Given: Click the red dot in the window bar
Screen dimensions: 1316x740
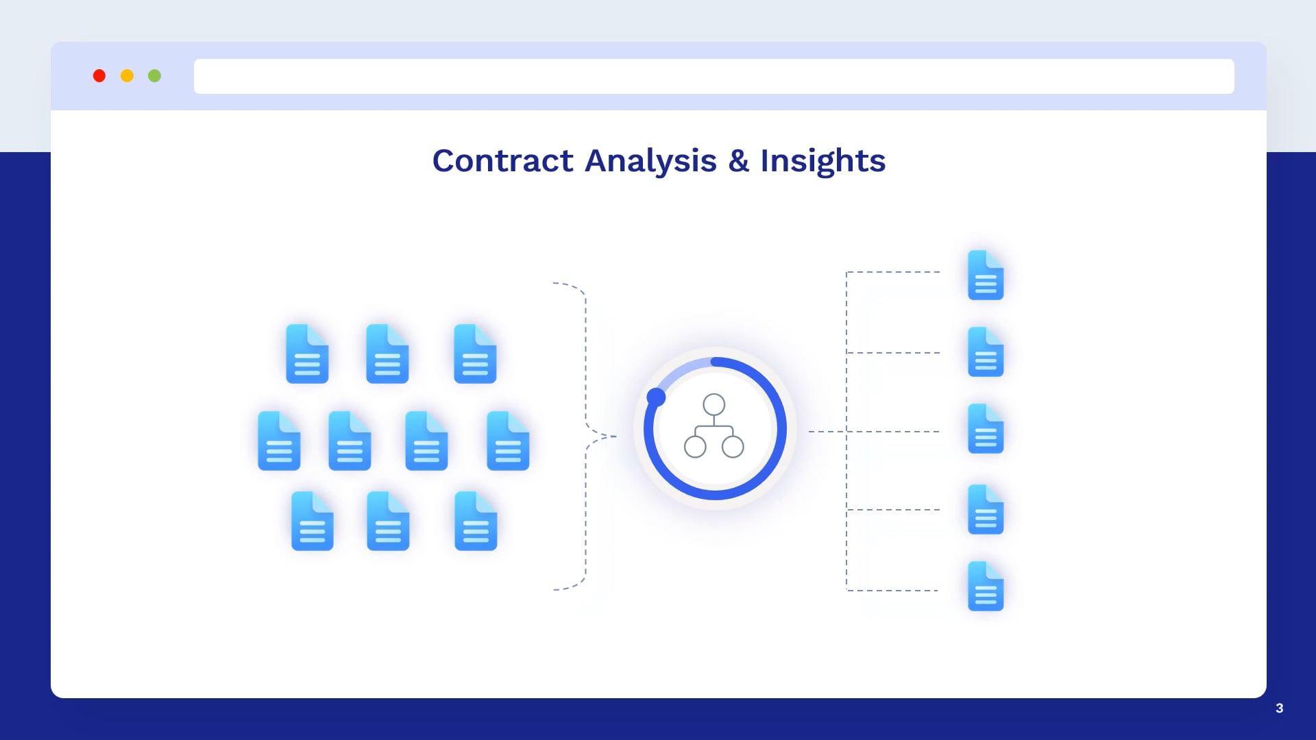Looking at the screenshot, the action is click(99, 76).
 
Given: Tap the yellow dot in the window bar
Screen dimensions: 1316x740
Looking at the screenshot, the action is click(127, 76).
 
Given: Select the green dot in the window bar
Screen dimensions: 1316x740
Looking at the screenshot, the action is click(155, 76).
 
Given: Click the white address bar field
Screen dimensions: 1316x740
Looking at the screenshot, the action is click(714, 76).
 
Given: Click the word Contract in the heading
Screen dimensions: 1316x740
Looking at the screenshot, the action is click(502, 161).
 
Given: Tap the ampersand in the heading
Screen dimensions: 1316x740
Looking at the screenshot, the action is click(738, 161).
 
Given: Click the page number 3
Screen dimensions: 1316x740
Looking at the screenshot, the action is click(1279, 708).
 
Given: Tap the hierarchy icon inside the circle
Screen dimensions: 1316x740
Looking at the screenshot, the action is click(714, 425).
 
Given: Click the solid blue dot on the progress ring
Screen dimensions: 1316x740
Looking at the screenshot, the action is click(656, 397).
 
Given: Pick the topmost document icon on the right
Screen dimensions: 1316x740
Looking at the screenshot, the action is click(986, 275).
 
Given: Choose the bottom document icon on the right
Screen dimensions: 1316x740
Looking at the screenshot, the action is click(986, 586).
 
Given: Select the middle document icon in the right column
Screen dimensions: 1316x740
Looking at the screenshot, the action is click(986, 428).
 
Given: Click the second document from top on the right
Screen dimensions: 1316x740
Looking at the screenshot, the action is click(986, 351).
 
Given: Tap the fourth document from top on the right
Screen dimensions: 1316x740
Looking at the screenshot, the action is click(986, 509).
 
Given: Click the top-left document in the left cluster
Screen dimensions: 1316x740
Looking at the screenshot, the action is click(307, 354).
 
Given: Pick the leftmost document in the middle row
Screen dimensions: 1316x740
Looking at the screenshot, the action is click(279, 441).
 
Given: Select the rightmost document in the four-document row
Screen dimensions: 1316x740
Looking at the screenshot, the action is click(508, 441).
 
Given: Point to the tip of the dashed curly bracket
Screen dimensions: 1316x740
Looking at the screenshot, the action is click(616, 436).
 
